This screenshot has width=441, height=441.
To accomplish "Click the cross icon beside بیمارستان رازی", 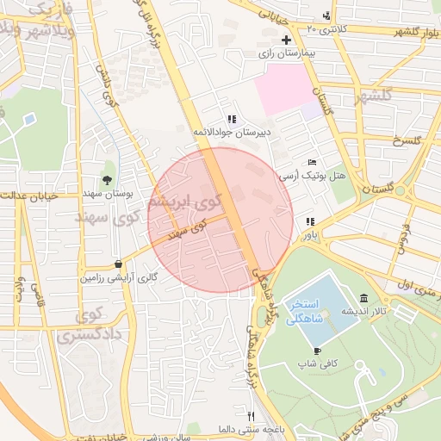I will pyautogui.click(x=286, y=40).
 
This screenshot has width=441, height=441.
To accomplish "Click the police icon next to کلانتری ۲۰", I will pyautogui.click(x=326, y=16).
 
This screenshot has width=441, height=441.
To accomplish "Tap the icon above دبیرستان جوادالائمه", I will pyautogui.click(x=231, y=119).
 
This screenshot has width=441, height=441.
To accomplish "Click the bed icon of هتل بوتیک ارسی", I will pyautogui.click(x=312, y=162).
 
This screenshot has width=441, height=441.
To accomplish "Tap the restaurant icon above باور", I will pyautogui.click(x=309, y=220).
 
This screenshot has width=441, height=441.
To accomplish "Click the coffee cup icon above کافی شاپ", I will pyautogui.click(x=317, y=351).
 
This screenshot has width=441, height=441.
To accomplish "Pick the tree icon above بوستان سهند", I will pyautogui.click(x=107, y=180).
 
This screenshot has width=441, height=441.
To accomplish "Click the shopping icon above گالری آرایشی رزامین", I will pyautogui.click(x=118, y=264).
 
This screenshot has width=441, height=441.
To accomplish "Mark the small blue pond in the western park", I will pyautogui.click(x=30, y=118).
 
